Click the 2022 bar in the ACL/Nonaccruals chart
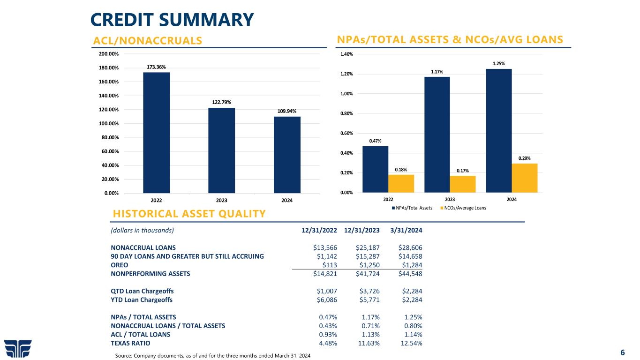pyautogui.click(x=157, y=132)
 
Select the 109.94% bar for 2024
pyautogui.click(x=287, y=155)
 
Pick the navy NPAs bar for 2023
pyautogui.click(x=437, y=135)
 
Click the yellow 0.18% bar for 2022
pyautogui.click(x=401, y=183)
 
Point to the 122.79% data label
pyautogui.click(x=222, y=102)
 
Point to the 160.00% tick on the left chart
pyautogui.click(x=108, y=82)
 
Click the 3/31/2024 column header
pyautogui.click(x=406, y=230)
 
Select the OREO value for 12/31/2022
pyautogui.click(x=327, y=265)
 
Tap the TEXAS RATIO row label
pyautogui.click(x=131, y=343)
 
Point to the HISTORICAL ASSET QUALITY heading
pyautogui.click(x=189, y=214)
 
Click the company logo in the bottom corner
pyautogui.click(x=18, y=348)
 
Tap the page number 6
pyautogui.click(x=622, y=352)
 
